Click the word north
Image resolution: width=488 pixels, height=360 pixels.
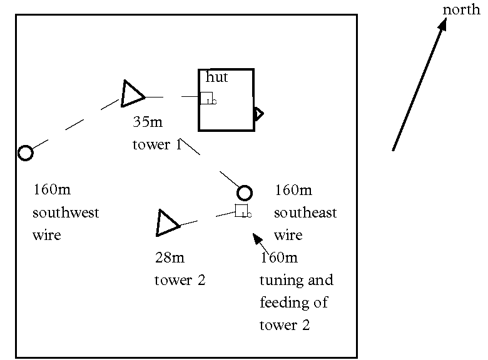coord(461,9)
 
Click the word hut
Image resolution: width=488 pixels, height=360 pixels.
coord(216,77)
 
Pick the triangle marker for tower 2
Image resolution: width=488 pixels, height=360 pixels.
coord(167,223)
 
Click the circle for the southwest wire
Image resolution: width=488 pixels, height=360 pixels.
coord(25,152)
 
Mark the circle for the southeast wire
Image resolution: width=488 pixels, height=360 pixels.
coord(245,192)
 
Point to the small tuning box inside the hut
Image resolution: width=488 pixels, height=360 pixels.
coord(206,98)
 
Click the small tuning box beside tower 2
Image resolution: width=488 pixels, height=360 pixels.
coord(241,211)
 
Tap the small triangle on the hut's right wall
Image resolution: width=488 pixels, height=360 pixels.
coord(258,113)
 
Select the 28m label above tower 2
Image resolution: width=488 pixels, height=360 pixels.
coord(170,257)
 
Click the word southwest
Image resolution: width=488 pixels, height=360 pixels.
coord(66,212)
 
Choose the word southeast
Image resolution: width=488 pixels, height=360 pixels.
coord(305,212)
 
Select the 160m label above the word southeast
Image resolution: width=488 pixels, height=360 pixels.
coord(293,189)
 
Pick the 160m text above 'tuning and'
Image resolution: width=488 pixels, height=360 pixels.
coord(279,257)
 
